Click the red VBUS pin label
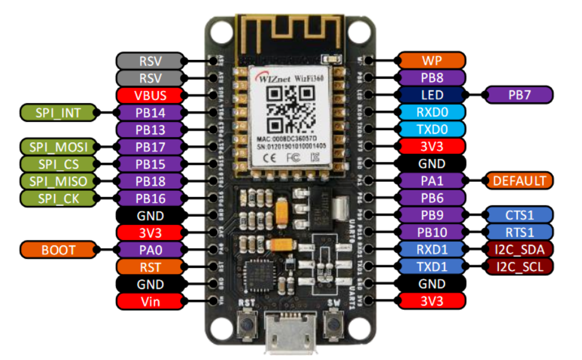(x=151, y=95)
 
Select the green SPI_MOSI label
(x=54, y=147)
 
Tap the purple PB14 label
(x=151, y=112)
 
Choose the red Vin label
(x=151, y=301)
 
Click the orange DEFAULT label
(x=519, y=180)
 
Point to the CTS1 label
(x=519, y=215)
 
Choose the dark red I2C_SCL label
(x=519, y=266)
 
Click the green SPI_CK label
(x=54, y=198)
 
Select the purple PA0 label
(x=151, y=249)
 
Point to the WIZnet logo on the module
(x=273, y=79)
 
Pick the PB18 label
(x=151, y=181)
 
